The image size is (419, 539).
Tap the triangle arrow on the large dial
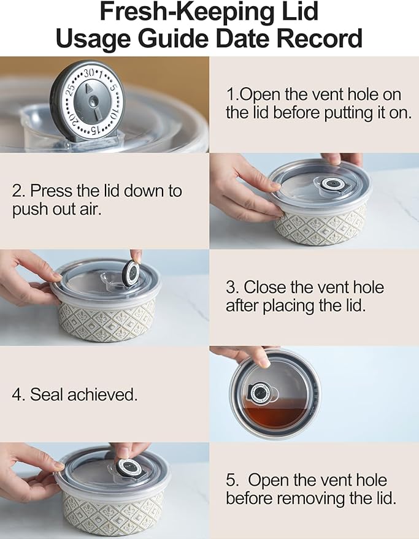pyautogui.click(x=90, y=88)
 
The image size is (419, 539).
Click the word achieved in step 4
pyautogui.click(x=102, y=394)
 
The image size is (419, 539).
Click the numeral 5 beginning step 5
pyautogui.click(x=231, y=480)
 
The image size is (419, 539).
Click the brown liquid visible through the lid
pyautogui.click(x=275, y=416)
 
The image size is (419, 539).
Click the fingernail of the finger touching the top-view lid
pyautogui.click(x=264, y=362)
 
